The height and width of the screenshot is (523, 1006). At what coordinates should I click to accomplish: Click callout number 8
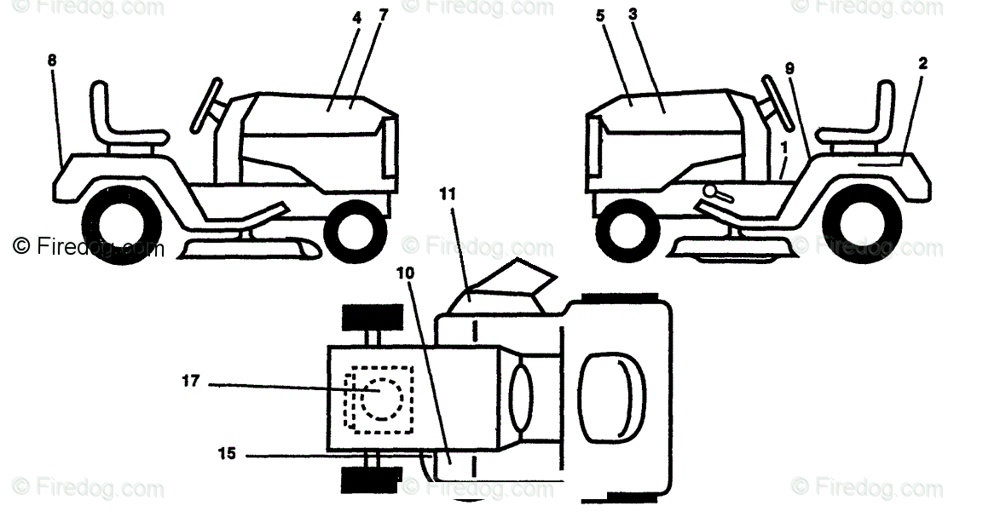53,62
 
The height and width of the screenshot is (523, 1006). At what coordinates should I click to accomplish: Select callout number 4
356,17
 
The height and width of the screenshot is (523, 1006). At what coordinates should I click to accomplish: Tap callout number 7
384,17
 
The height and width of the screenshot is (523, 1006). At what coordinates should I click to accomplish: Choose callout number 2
923,63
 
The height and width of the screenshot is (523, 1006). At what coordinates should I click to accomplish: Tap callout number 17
190,382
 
